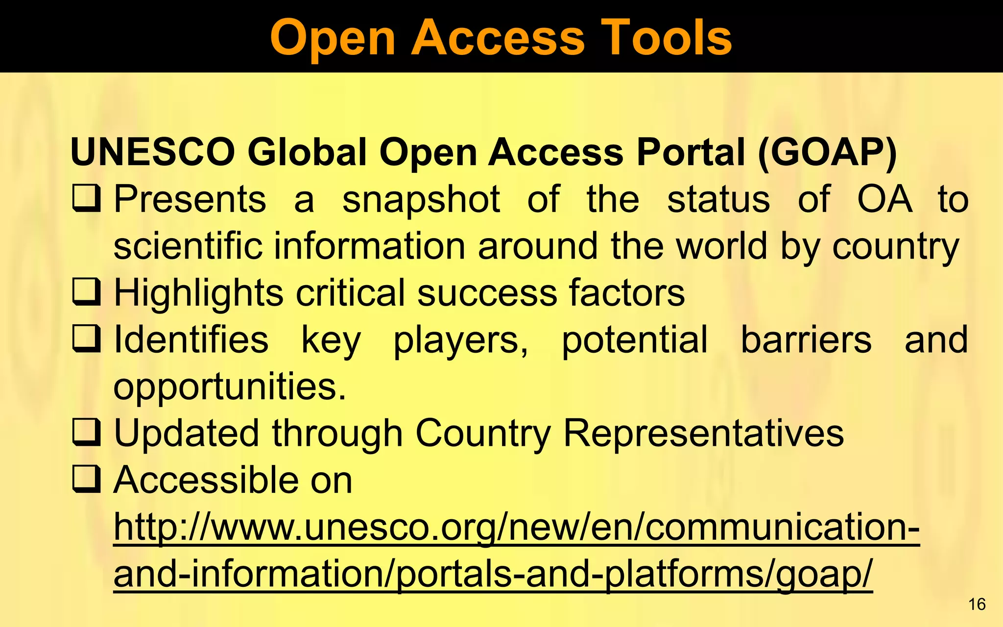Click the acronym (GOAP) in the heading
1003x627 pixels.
[x=827, y=153]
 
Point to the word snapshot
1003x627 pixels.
[x=421, y=200]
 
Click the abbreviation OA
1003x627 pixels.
[x=885, y=199]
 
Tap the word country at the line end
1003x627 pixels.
[x=896, y=247]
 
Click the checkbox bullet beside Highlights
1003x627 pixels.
[x=87, y=292]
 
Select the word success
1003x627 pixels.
[x=487, y=293]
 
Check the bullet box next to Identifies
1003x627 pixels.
[x=87, y=339]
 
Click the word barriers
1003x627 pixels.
[x=806, y=339]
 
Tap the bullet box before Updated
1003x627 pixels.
[x=87, y=433]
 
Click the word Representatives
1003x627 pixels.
[x=703, y=434]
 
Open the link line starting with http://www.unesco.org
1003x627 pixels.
[x=516, y=528]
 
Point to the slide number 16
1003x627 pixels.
[x=977, y=604]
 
